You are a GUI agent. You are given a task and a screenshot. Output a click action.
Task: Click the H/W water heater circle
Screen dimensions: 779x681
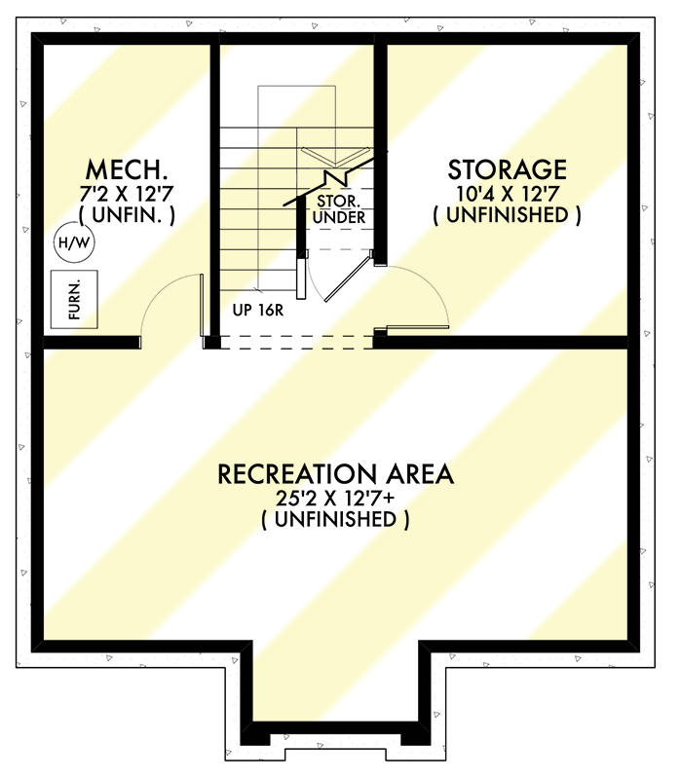point(72,242)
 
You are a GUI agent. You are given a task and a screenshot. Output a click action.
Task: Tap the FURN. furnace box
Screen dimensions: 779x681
point(76,300)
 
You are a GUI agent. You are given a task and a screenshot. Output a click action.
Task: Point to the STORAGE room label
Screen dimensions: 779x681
point(506,169)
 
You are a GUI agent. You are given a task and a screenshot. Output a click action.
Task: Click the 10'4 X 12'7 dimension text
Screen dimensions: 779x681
point(506,193)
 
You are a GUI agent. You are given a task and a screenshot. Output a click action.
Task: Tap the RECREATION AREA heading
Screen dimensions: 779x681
point(335,474)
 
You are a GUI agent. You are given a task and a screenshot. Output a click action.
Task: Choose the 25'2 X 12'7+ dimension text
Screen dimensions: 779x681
point(335,499)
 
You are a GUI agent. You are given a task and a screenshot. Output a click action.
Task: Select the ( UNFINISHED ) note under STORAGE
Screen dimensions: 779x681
point(506,215)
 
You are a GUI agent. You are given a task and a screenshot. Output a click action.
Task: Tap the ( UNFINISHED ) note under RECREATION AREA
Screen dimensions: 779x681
point(335,520)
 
